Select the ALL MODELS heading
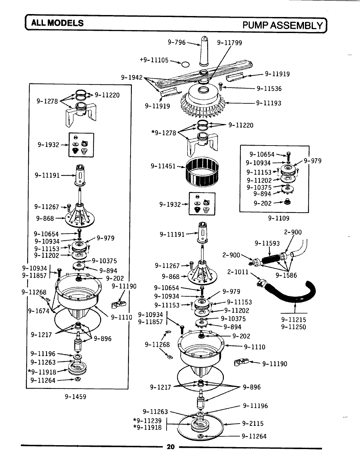[57, 23]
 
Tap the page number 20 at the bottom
[171, 447]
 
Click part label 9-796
[176, 42]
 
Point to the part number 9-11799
[229, 43]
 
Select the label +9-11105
[154, 60]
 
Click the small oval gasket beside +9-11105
[185, 63]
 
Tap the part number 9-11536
[269, 88]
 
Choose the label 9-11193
[268, 103]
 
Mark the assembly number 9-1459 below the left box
[75, 397]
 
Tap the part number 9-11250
[294, 326]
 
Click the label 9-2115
[253, 423]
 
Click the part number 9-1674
[39, 311]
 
